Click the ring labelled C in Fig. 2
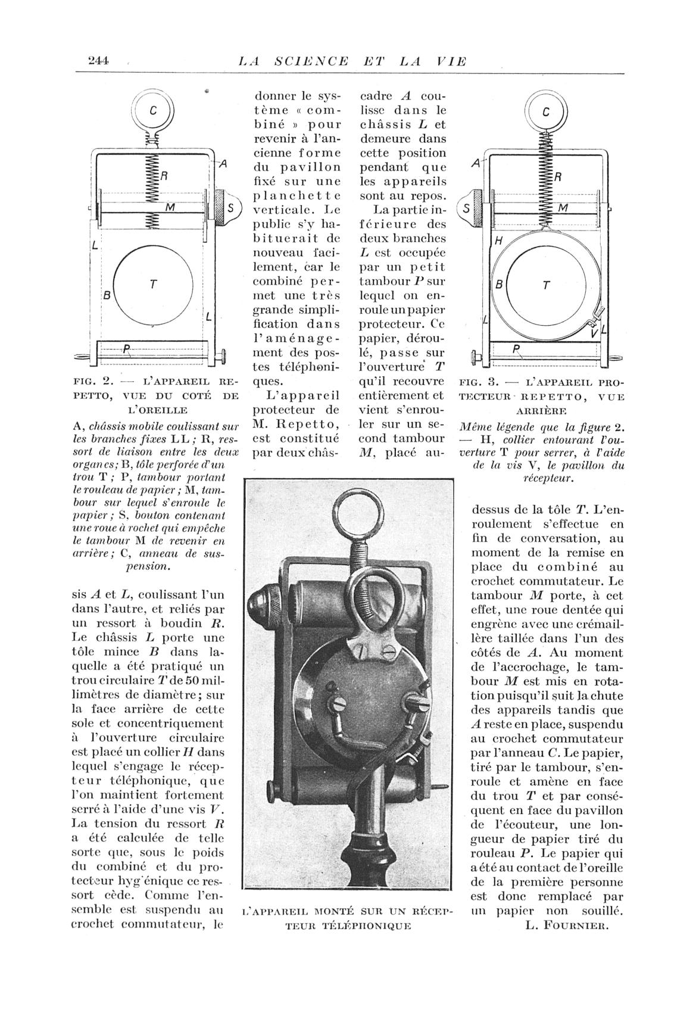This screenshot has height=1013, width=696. click(x=152, y=111)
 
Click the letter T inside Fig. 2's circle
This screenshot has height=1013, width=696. click(x=154, y=284)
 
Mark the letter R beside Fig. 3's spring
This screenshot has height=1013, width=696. click(x=558, y=177)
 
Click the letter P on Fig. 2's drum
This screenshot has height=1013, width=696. click(x=126, y=349)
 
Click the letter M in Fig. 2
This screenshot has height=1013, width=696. click(x=170, y=207)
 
